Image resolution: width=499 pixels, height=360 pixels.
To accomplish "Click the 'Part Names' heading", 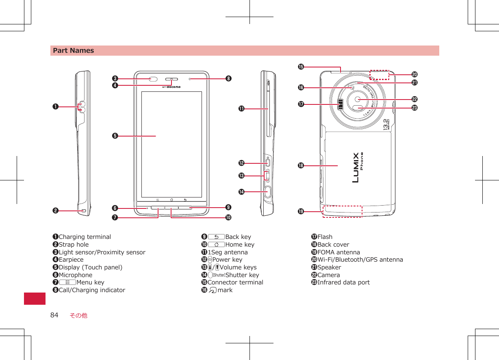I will pyautogui.click(x=73, y=51).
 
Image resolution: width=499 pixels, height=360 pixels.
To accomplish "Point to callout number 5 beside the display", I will pyautogui.click(x=115, y=136).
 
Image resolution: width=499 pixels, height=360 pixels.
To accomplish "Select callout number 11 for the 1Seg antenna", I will pyautogui.click(x=241, y=109).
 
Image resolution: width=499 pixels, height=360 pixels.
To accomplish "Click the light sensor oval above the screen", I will pyautogui.click(x=153, y=79).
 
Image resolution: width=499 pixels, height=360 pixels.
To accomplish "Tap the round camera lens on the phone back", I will pyautogui.click(x=358, y=100).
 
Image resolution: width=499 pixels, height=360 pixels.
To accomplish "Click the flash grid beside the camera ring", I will pyautogui.click(x=341, y=105).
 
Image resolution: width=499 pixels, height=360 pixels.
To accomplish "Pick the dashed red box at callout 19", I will pyautogui.click(x=342, y=211).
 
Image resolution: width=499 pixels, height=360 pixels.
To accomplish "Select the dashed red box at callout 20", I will pyautogui.click(x=379, y=74).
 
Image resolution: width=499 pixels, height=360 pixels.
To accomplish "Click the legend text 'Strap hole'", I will pyautogui.click(x=74, y=245).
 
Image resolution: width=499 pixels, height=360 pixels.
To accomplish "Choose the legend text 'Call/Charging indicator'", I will pyautogui.click(x=92, y=290).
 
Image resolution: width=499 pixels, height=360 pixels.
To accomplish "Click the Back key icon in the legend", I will pyautogui.click(x=216, y=237).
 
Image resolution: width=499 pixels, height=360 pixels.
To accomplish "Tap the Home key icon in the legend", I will pyautogui.click(x=216, y=245).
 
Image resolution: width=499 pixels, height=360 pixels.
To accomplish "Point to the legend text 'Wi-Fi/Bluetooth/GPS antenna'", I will pyautogui.click(x=360, y=260).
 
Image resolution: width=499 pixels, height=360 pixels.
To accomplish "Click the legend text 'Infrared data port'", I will pyautogui.click(x=343, y=282).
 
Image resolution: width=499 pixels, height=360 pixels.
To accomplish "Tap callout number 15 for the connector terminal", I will pyautogui.click(x=301, y=67).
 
